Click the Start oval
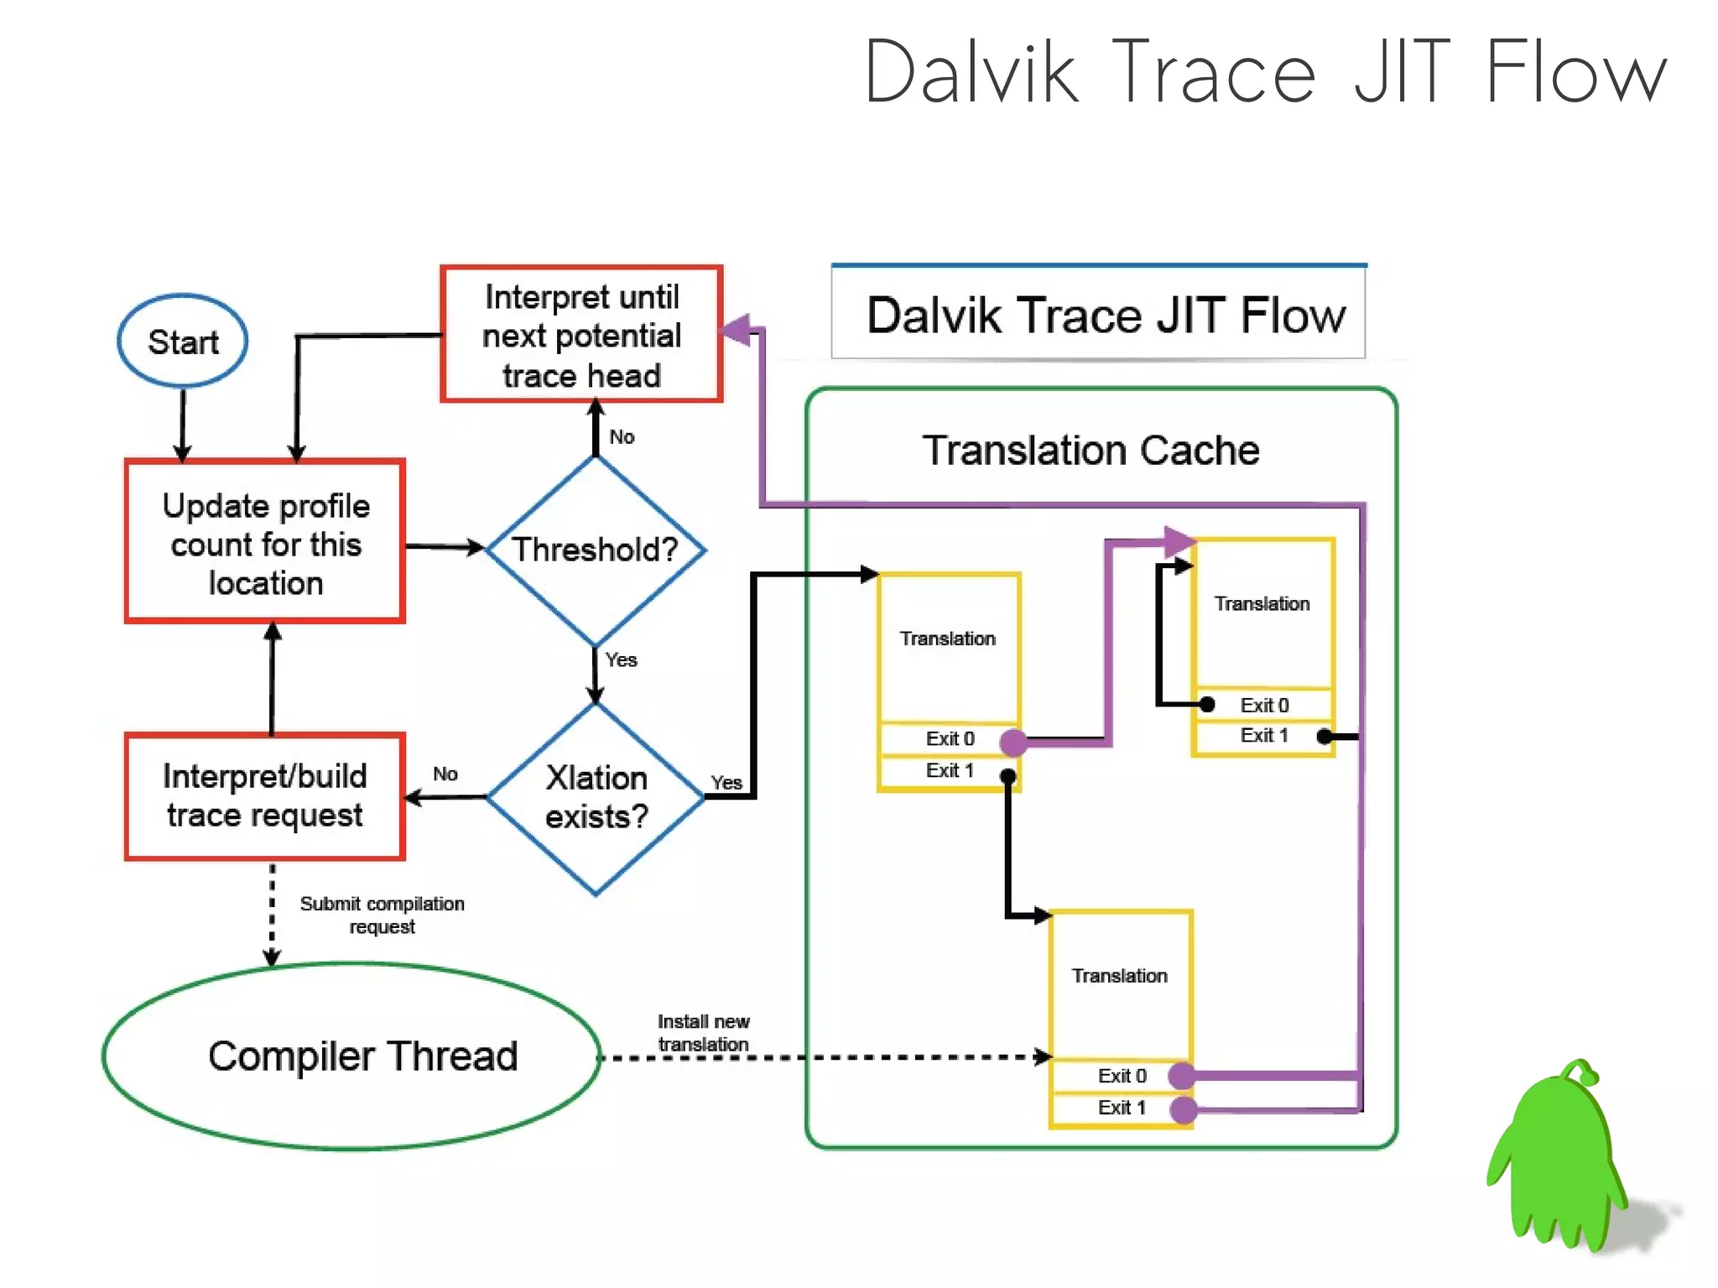coord(183,341)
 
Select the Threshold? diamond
coord(595,550)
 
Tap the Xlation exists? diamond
coord(596,797)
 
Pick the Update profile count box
coord(265,543)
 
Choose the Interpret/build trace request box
coord(265,795)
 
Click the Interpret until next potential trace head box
coord(581,335)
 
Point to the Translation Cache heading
coord(1091,451)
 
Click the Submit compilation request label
coord(382,915)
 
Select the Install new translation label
coord(703,1033)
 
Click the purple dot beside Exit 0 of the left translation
coord(1013,742)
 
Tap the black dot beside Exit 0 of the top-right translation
coord(1207,704)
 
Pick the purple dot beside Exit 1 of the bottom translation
coord(1183,1109)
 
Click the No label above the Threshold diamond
coord(622,436)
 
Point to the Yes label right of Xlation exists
coord(726,782)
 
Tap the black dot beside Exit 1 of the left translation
coord(1008,777)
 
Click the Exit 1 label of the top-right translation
coord(1264,735)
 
